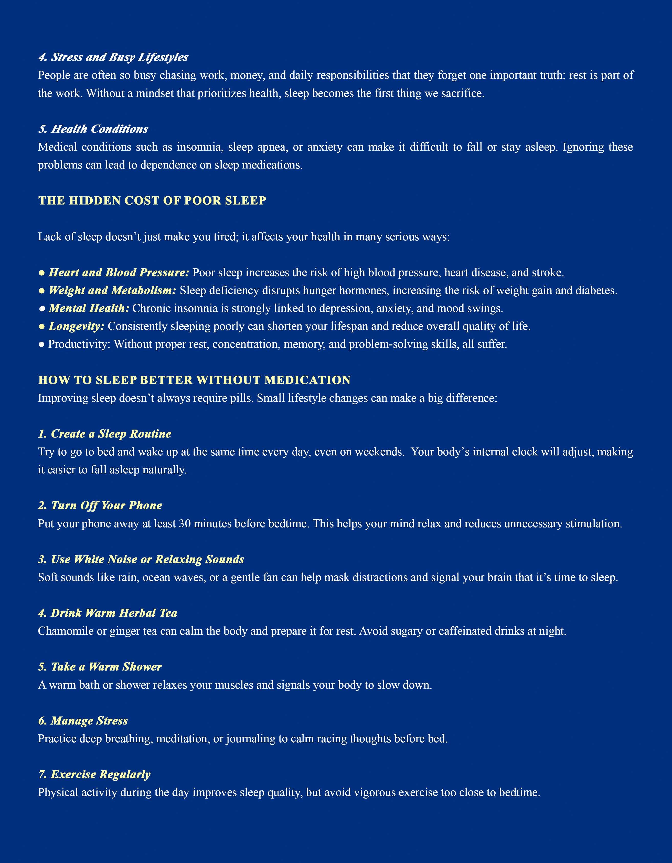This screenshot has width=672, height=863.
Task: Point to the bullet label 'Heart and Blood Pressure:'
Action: (119, 273)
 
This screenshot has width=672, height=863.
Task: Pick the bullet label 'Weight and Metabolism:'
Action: (112, 290)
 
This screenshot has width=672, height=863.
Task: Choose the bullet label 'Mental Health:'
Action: (89, 308)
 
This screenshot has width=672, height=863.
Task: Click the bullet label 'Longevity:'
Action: (76, 326)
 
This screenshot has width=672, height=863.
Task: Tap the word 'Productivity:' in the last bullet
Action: (79, 344)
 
